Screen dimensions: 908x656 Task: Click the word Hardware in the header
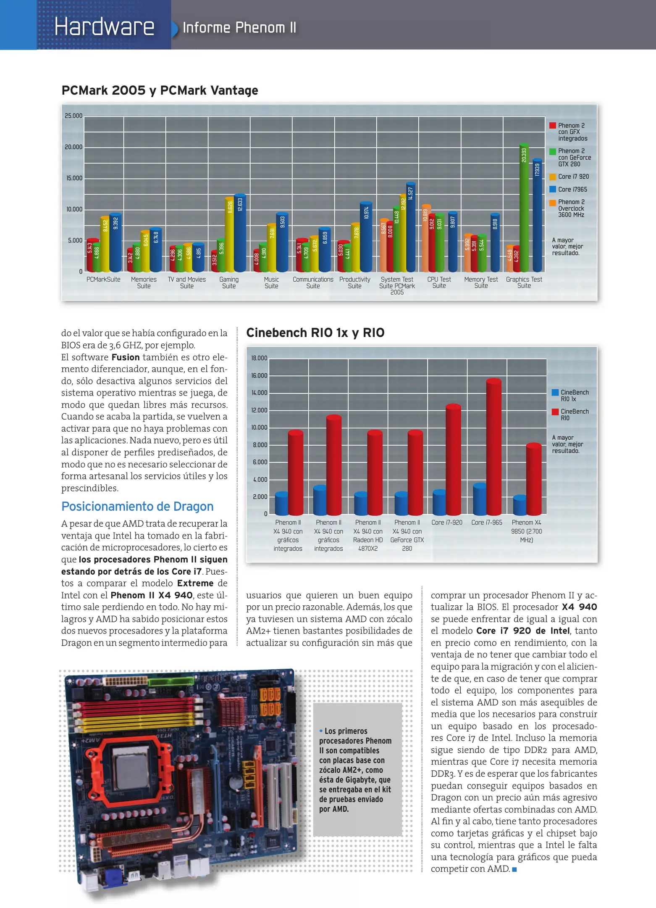(104, 27)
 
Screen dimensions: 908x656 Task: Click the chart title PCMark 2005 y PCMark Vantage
(160, 90)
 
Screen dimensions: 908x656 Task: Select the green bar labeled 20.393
(524, 210)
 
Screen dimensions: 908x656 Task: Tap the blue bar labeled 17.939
(537, 216)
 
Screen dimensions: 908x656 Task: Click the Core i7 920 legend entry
(573, 177)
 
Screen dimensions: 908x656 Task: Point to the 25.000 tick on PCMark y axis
(73, 116)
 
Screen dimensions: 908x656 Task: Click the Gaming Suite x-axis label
(229, 282)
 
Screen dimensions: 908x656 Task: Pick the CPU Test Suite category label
(439, 282)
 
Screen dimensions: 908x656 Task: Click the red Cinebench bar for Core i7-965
(494, 448)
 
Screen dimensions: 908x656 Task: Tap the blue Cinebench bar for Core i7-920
(439, 503)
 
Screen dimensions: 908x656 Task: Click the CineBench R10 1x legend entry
(574, 396)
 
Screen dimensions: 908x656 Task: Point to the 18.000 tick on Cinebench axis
(259, 358)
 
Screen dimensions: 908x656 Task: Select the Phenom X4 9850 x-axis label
(526, 531)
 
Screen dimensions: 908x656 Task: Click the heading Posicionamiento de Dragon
(137, 507)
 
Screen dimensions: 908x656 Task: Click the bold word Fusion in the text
(126, 357)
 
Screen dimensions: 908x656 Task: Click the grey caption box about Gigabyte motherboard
(357, 770)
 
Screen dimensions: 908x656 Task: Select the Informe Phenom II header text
(239, 28)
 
